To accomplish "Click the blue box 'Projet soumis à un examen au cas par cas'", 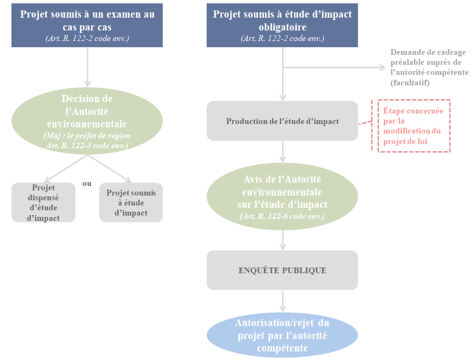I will coord(87,26).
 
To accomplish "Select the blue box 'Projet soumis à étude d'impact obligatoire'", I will coord(282,26).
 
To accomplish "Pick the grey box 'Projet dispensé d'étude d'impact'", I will coord(43,203).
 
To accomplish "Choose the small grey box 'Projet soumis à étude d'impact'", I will coord(131,203).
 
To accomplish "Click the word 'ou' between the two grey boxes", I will coord(87,184).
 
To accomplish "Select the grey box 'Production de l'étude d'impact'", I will coord(282,121).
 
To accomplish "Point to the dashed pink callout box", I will coord(413,125).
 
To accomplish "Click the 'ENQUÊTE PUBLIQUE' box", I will coord(282,270).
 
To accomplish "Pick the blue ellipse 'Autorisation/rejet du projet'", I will coord(282,336).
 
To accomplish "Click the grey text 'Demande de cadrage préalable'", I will coord(428,57).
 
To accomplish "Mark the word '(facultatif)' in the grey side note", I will coord(410,83).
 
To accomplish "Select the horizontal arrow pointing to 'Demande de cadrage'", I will coord(334,68).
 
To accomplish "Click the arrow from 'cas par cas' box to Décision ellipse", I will coord(87,67).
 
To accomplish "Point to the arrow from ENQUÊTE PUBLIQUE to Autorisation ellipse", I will coord(283,301).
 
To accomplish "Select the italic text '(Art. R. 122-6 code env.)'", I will coord(282,216).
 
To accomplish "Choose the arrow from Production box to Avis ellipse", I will coord(283,152).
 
